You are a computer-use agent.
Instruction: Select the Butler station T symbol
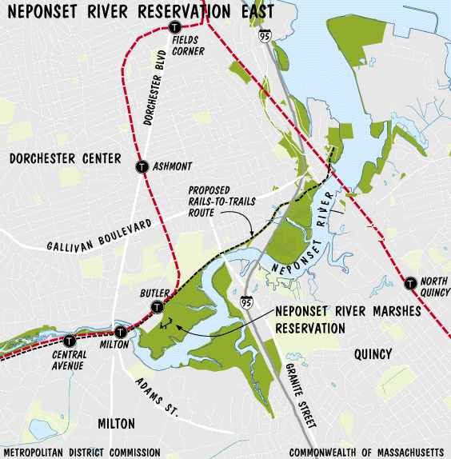click(158, 306)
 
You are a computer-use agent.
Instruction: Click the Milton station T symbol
click(120, 332)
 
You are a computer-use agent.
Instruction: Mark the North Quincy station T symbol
click(410, 282)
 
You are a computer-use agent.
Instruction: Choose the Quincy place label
click(369, 354)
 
